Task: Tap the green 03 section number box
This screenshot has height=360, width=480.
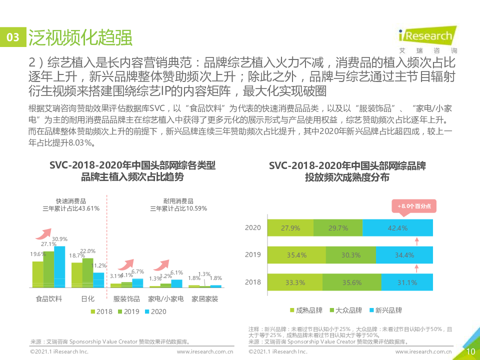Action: point(12,38)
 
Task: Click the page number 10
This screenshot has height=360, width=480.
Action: point(470,351)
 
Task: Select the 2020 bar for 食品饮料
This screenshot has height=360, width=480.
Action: point(59,266)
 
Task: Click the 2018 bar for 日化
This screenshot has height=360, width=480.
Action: point(76,274)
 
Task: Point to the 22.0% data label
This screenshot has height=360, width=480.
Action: point(87,251)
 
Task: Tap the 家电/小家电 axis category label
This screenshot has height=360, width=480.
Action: point(166,299)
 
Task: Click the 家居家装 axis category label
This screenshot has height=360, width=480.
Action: point(204,299)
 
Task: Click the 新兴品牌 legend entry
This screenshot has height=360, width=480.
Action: point(384,310)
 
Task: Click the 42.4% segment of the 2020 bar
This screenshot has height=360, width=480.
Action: point(397,227)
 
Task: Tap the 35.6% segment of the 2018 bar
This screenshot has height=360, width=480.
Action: point(351,282)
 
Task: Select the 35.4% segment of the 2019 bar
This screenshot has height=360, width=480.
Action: point(296,255)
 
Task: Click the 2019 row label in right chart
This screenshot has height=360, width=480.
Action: point(253,255)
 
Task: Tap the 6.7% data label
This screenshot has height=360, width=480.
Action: point(137,271)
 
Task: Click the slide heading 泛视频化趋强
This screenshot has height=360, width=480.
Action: point(80,37)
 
